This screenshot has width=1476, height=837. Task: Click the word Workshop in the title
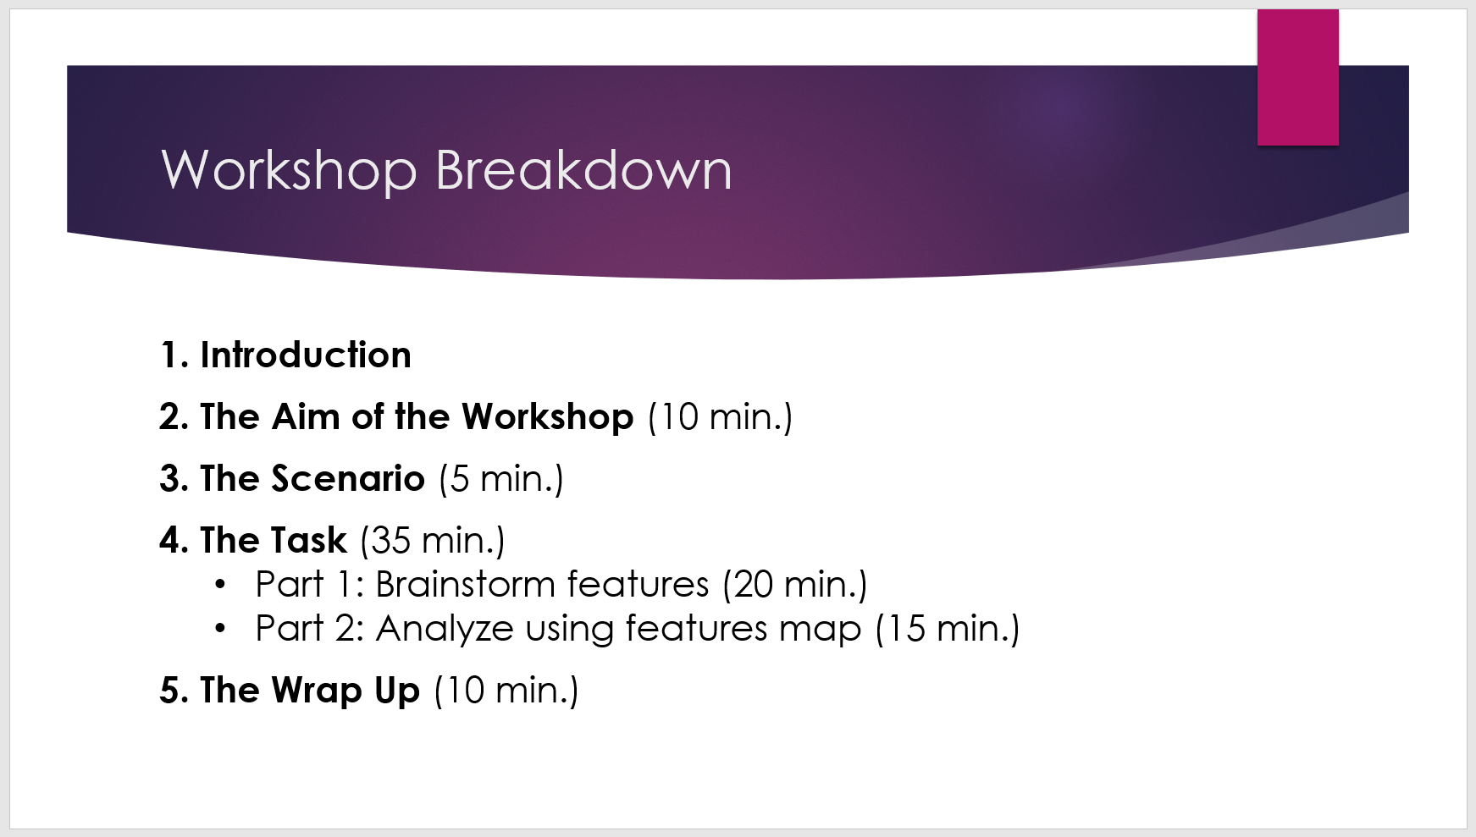point(288,171)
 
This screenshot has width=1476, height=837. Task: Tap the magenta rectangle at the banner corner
point(1297,78)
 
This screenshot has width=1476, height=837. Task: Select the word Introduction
point(305,355)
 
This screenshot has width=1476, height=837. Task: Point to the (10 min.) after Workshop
point(720,417)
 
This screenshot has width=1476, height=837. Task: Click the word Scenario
point(347,479)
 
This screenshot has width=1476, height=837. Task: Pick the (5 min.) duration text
point(500,479)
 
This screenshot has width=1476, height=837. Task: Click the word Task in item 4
point(309,541)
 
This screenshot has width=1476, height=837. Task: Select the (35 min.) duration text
point(432,541)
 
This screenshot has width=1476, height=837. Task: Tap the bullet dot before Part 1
point(221,584)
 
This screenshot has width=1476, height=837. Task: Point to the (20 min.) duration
point(794,585)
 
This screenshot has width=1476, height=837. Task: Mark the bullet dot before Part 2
point(221,628)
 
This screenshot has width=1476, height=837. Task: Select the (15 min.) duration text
point(947,629)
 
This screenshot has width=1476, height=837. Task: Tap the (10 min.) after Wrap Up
point(506,691)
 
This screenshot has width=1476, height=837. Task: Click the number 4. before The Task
point(174,541)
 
